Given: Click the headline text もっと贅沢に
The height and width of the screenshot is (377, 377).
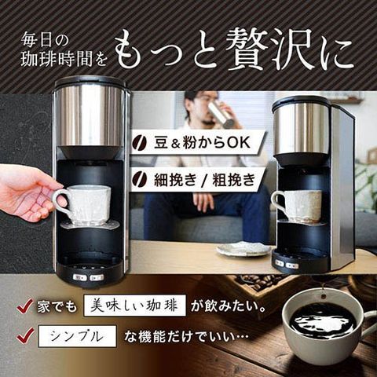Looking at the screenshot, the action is (x=234, y=50).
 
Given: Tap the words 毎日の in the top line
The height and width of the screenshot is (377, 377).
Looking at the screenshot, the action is (x=45, y=40).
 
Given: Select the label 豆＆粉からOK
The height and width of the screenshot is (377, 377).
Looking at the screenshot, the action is (x=202, y=143).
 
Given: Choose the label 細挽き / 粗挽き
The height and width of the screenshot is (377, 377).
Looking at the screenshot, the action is (x=204, y=180).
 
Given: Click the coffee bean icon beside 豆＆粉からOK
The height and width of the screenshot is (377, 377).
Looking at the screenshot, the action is (x=140, y=143).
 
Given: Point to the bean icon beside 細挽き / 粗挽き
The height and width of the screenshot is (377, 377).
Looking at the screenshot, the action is (x=140, y=180).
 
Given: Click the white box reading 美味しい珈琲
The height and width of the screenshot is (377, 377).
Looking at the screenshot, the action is (x=134, y=306).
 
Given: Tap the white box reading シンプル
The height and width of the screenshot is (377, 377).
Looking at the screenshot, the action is (x=77, y=336).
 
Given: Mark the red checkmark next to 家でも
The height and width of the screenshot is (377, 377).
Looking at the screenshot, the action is (x=25, y=306).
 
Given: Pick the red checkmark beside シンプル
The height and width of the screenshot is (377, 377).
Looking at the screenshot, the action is (x=25, y=335).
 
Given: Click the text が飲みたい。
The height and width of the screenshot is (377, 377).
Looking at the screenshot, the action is (x=229, y=306).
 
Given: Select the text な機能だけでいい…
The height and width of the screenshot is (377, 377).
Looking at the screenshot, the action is (x=186, y=337).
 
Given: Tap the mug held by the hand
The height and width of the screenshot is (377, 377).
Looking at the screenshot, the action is (x=83, y=204).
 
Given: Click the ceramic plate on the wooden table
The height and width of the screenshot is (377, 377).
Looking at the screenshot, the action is (x=243, y=249).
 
